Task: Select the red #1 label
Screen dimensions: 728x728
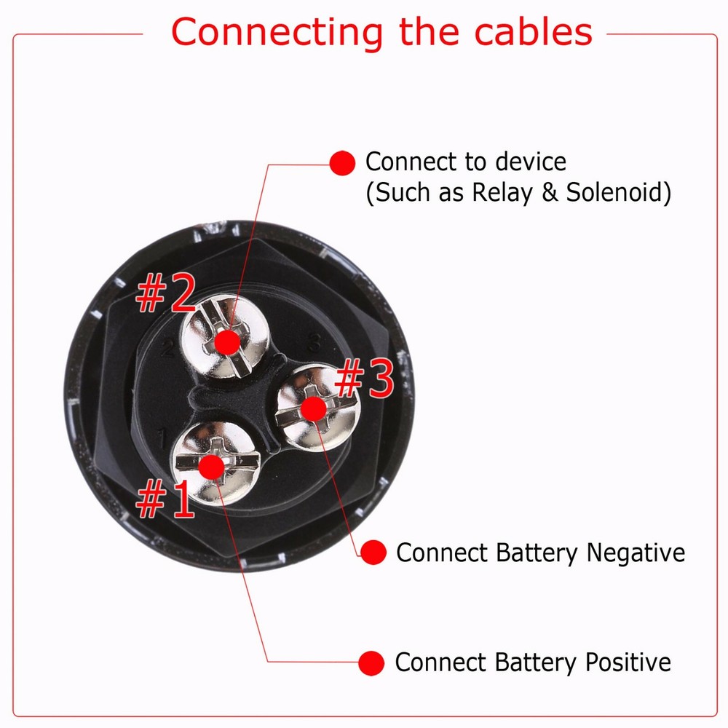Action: [165, 500]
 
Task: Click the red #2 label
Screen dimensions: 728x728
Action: [165, 293]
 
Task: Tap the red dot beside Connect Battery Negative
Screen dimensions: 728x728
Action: [373, 553]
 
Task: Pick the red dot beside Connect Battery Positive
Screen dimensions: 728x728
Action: [371, 662]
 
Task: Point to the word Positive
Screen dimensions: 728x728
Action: [628, 662]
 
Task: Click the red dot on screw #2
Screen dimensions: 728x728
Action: [229, 341]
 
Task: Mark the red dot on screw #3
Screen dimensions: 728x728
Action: [312, 408]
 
